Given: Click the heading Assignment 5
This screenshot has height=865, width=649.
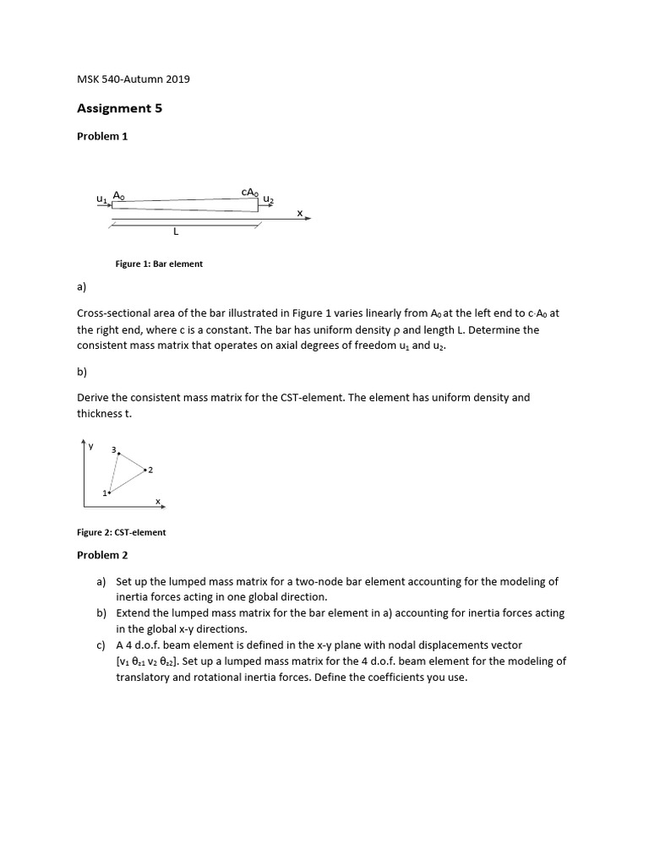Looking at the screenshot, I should pyautogui.click(x=119, y=108).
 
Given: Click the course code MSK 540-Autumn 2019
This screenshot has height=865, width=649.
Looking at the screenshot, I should pyautogui.click(x=134, y=79).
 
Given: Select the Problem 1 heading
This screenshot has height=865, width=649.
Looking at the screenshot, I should pyautogui.click(x=102, y=136).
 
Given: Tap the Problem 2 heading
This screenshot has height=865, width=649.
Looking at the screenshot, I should pyautogui.click(x=102, y=555).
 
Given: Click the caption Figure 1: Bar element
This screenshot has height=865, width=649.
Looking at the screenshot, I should pyautogui.click(x=159, y=264).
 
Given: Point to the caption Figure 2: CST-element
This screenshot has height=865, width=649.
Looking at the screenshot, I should pyautogui.click(x=122, y=532).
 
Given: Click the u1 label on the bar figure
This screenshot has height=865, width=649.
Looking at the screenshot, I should pyautogui.click(x=101, y=199).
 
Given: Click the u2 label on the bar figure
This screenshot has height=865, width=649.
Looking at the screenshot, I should pyautogui.click(x=268, y=199).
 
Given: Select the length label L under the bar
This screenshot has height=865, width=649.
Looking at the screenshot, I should pyautogui.click(x=175, y=231).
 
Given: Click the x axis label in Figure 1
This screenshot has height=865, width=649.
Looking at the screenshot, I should pyautogui.click(x=299, y=213).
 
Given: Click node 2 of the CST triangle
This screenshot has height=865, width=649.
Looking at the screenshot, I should pyautogui.click(x=148, y=469).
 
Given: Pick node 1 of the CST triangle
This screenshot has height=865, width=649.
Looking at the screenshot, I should pyautogui.click(x=106, y=492).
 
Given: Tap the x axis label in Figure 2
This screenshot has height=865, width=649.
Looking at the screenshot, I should pyautogui.click(x=157, y=501).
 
